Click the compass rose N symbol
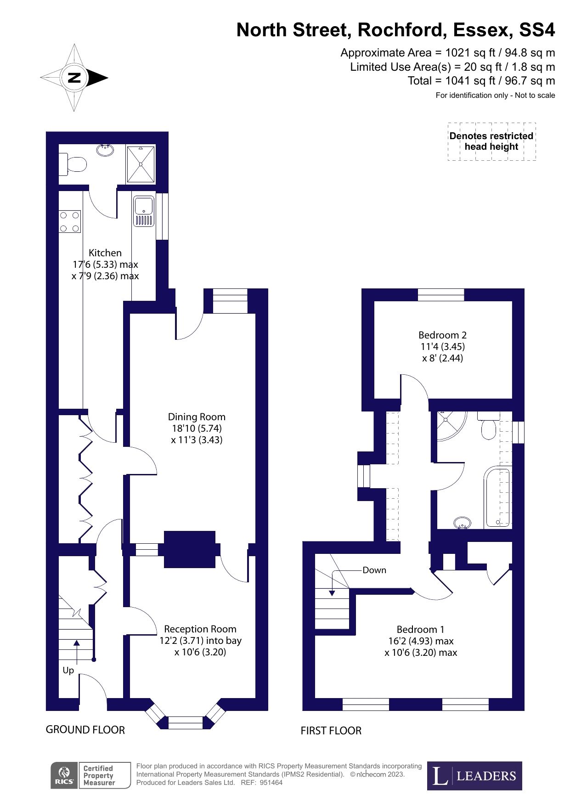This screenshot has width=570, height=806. click(x=74, y=78)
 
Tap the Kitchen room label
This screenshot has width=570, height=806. click(x=105, y=253)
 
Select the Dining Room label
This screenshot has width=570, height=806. click(x=197, y=417)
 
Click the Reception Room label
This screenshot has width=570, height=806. click(x=200, y=629)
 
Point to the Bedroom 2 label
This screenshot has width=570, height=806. click(x=442, y=335)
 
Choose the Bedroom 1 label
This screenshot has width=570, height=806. click(x=420, y=629)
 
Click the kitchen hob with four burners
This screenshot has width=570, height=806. click(x=70, y=221)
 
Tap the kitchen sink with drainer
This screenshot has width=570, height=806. click(x=144, y=211)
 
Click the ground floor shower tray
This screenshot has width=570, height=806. click(x=141, y=164)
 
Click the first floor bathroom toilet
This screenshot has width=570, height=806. click(x=488, y=425)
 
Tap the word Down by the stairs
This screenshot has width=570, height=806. click(x=374, y=570)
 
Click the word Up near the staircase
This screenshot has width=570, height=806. click(x=68, y=671)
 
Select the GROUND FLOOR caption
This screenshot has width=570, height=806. click(x=85, y=730)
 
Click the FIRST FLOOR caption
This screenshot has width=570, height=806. click(x=331, y=731)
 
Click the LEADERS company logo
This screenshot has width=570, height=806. click(x=474, y=776)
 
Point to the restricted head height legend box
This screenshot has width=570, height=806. click(x=492, y=141)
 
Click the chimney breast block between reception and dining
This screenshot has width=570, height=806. click(x=190, y=549)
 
